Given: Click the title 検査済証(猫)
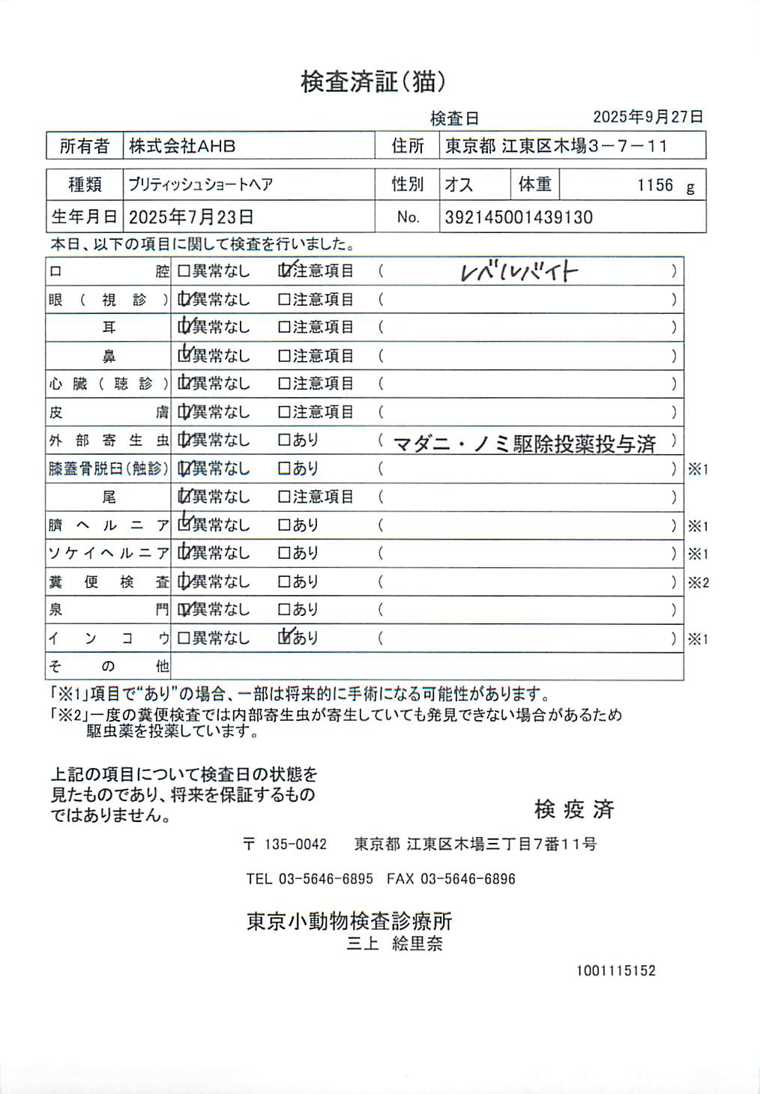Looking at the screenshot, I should pos(373,82).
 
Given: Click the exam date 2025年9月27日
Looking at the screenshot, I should pos(648,117).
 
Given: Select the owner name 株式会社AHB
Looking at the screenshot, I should pos(182,146).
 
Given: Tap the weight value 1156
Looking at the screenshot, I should pos(655,185).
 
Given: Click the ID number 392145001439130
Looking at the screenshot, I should pos(519,217).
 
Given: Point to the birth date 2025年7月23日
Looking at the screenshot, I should pos(191,217).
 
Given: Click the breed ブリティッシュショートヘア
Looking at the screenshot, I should pos(200,185).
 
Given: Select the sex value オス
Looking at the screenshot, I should pos(459,185).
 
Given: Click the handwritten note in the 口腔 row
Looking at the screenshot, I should pos(519,271).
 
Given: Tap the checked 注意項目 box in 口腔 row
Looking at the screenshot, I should pos(285,271).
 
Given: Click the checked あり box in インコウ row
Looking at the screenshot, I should pos(285,638).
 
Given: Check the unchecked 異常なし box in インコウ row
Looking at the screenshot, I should pos(184,638).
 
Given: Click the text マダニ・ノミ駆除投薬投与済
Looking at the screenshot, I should pos(524,444).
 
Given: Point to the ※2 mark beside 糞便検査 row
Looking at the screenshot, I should pos(698,582).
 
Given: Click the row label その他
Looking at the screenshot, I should pos(109,666).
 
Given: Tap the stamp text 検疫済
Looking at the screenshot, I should pos(574,809).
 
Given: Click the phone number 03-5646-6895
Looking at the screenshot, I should pos(325,879).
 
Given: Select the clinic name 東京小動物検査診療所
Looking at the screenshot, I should pos(349,921).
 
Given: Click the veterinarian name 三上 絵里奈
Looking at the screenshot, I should pos(394,943).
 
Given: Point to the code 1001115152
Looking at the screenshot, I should pos(615,970).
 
